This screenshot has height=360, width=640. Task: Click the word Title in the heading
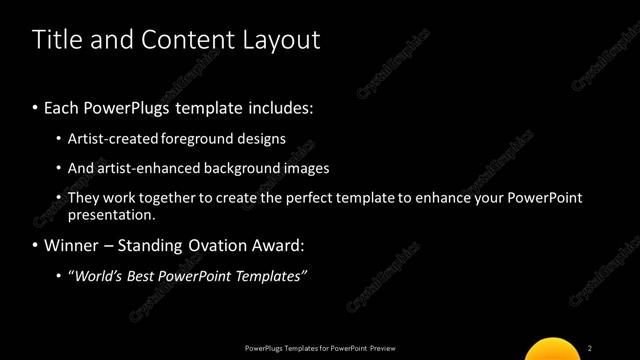click(55, 40)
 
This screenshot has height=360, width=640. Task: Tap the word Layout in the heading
click(281, 40)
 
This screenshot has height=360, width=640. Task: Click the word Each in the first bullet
click(63, 108)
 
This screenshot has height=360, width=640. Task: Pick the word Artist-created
click(112, 139)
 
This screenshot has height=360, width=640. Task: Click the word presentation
click(111, 215)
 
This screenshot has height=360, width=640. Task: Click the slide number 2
click(590, 348)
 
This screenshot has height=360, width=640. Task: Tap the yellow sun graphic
click(552, 349)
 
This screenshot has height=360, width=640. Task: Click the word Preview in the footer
click(383, 348)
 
